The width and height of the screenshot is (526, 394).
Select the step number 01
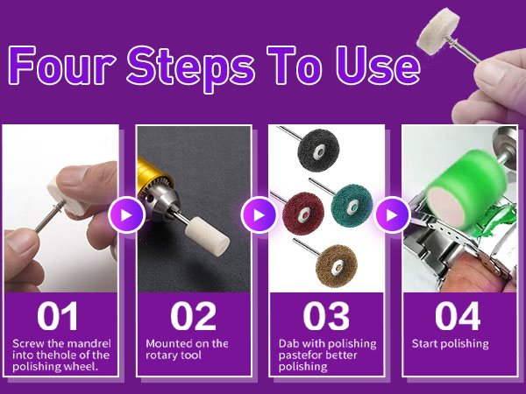(x=59, y=315)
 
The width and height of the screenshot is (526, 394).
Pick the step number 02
(x=193, y=315)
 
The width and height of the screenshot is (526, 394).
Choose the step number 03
(x=326, y=315)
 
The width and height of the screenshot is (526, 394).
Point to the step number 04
(x=458, y=315)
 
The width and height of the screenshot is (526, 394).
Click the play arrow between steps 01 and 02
(x=127, y=215)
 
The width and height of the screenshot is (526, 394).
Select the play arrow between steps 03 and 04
(x=392, y=215)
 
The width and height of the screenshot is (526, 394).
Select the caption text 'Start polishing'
(x=450, y=343)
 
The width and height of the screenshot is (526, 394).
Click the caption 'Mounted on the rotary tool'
(x=188, y=348)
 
